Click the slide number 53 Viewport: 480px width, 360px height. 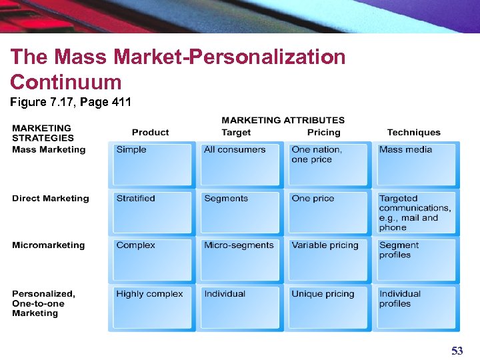457,351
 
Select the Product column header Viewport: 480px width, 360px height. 150,133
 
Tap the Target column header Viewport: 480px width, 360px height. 236,133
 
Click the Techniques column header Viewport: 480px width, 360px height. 413,133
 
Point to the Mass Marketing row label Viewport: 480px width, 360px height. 49,149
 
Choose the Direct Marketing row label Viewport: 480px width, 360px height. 50,198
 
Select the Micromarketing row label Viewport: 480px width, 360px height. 48,245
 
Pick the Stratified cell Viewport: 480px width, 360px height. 152,212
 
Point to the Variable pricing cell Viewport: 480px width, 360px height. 328,259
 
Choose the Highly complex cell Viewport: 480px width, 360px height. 152,307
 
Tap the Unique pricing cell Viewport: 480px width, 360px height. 328,307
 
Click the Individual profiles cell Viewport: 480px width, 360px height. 416,307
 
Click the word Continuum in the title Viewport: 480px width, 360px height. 66,83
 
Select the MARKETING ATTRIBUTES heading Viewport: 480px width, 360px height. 283,121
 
